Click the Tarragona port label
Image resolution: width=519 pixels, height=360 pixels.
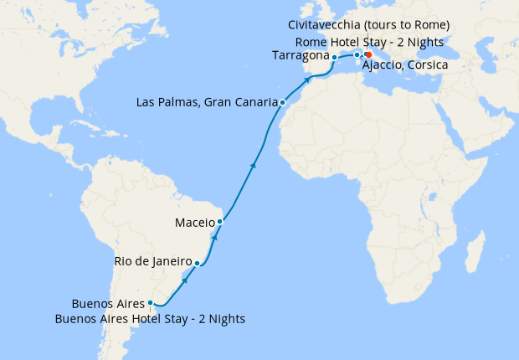tap(301, 56)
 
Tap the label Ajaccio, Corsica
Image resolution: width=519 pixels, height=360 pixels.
tap(406, 65)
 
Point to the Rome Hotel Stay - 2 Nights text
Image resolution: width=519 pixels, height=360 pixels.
tap(368, 42)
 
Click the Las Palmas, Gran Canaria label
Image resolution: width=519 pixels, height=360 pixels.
tap(206, 103)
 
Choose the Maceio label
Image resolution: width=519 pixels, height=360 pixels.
tap(195, 223)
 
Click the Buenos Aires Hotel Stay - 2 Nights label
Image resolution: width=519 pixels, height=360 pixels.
tap(150, 318)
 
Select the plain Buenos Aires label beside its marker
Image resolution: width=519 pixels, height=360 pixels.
tap(108, 303)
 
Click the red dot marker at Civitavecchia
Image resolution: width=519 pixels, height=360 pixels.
tap(368, 55)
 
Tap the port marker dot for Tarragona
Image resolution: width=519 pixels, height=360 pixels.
tap(334, 57)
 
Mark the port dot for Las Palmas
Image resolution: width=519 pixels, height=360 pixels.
tap(283, 102)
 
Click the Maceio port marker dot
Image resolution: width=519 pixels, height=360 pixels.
tap(219, 222)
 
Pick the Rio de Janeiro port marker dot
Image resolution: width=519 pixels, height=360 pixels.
tap(197, 264)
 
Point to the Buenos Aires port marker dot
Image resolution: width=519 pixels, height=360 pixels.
tap(150, 303)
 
